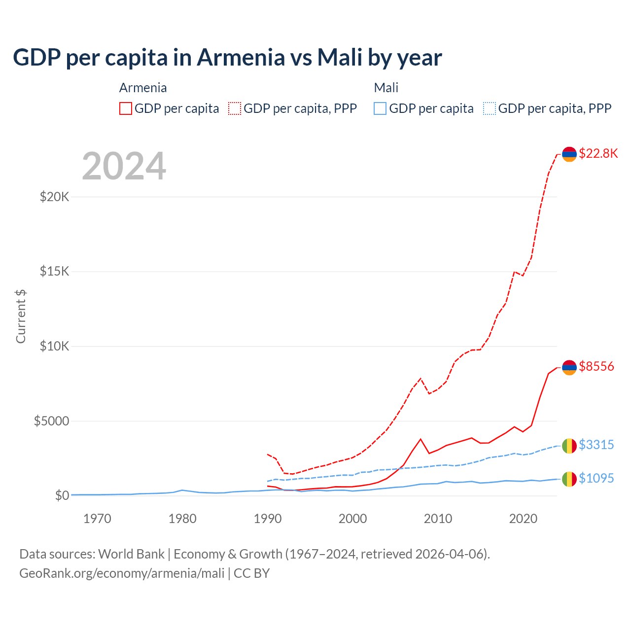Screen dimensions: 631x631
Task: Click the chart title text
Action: [x=227, y=58]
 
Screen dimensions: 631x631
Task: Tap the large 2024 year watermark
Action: [x=124, y=166]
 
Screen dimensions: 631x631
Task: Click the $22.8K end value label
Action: [x=598, y=153]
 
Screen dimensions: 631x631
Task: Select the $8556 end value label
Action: [x=596, y=366]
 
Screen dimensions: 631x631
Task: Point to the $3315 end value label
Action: [x=596, y=445]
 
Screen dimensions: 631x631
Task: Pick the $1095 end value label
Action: [x=596, y=478]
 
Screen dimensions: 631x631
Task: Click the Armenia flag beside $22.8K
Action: [x=569, y=154]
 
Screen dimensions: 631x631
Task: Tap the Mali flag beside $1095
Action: [x=569, y=479]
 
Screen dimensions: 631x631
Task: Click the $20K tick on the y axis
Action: [x=55, y=197]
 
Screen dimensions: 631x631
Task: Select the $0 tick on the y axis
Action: [x=62, y=495]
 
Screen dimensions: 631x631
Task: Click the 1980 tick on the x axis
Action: [x=182, y=519]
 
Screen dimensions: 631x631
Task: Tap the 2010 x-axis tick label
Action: [x=438, y=519]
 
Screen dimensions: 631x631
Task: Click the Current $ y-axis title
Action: [x=21, y=316]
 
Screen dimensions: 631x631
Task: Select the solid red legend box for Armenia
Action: [x=126, y=108]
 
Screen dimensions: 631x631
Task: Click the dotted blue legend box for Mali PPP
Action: [x=490, y=108]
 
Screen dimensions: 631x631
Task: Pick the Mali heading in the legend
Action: [x=386, y=88]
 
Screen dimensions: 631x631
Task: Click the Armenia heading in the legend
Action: [x=143, y=88]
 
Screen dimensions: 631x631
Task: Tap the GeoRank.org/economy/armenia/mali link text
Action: [x=122, y=573]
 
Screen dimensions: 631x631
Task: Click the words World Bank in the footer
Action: [x=131, y=554]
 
